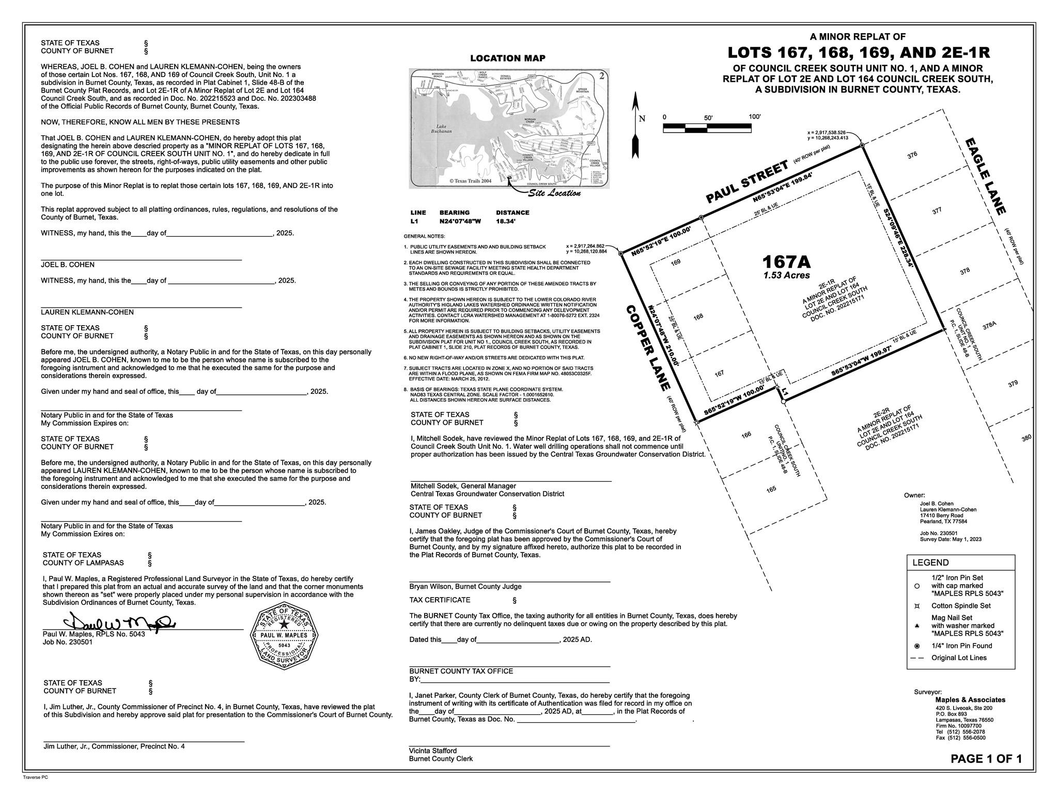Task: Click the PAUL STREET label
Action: [x=747, y=181]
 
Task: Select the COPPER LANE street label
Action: [x=648, y=348]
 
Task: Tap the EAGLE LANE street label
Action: [x=985, y=176]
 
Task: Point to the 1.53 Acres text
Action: [x=787, y=275]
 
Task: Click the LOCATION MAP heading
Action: [x=507, y=58]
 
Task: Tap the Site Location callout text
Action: [x=554, y=193]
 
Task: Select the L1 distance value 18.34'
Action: [x=506, y=221]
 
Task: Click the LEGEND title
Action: [x=930, y=563]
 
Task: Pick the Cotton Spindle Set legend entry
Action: [x=961, y=605]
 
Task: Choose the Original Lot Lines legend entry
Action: [x=959, y=658]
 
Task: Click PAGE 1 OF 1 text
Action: [x=986, y=759]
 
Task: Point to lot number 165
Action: [x=771, y=489]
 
